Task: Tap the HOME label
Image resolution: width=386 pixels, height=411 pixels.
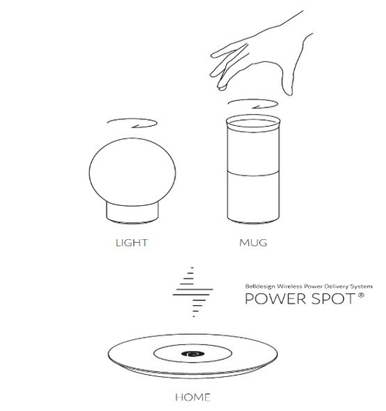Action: point(192,397)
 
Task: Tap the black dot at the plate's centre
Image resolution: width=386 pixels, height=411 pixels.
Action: point(193,355)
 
